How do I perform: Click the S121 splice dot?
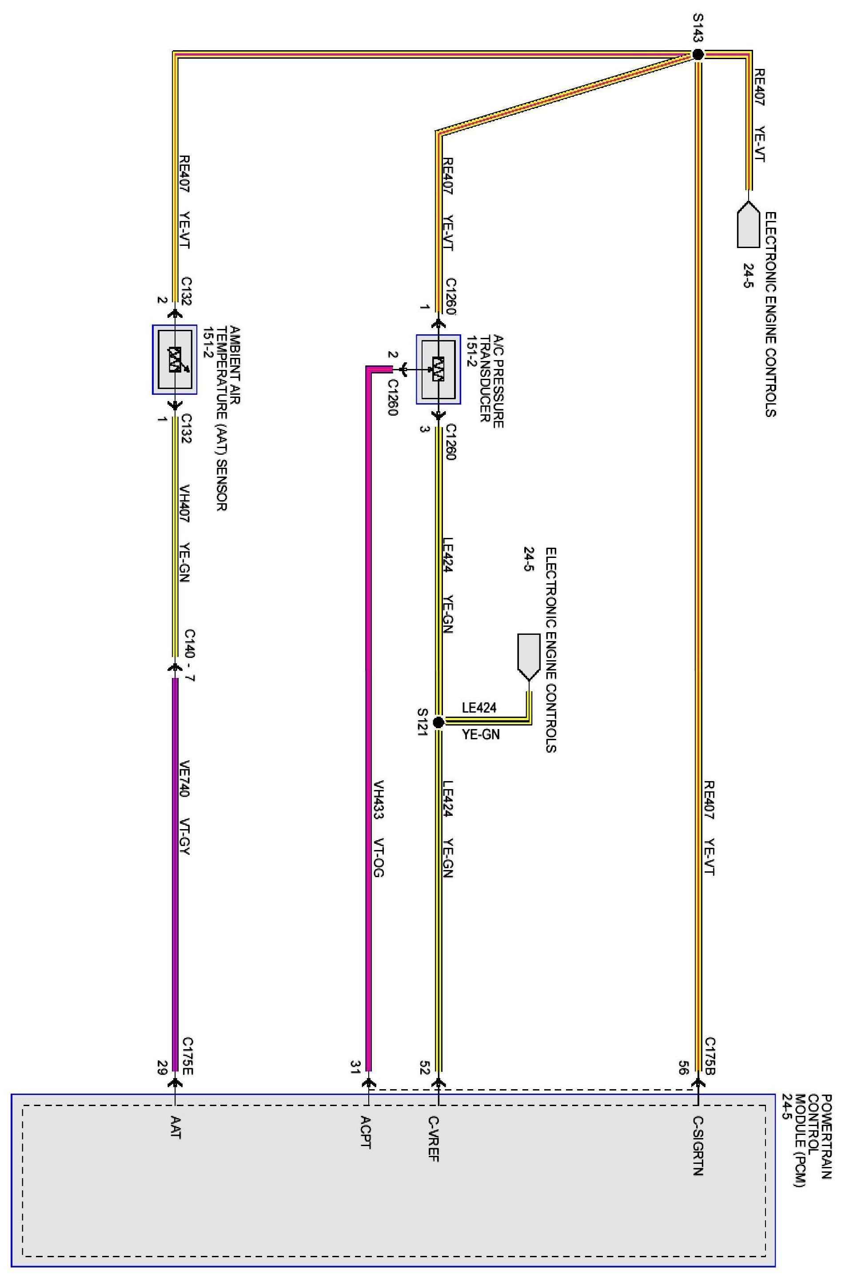coord(438,722)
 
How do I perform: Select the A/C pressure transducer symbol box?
coord(438,369)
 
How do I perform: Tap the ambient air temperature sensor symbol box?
coord(175,359)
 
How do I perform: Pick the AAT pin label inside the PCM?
coord(175,1127)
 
